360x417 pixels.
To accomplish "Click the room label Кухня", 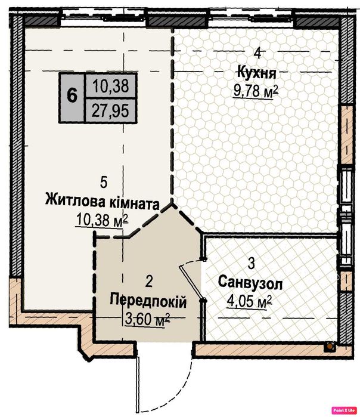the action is tap(257, 73).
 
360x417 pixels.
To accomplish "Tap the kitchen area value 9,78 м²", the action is tap(256, 91).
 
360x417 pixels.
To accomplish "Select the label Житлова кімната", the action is tap(103, 203).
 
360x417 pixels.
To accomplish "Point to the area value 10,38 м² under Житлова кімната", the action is tap(102, 220).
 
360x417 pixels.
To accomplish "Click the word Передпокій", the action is tap(148, 302).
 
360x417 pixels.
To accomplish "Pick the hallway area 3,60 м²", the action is tap(147, 319).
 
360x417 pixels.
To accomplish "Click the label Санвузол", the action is tap(250, 283).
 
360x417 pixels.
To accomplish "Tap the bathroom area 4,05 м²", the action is tap(249, 302).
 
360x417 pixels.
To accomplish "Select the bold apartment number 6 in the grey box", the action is tap(72, 95).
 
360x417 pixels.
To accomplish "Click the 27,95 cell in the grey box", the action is tap(110, 110).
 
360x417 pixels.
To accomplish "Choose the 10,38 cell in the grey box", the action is tap(110, 86).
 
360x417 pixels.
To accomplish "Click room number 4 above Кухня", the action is tap(257, 54).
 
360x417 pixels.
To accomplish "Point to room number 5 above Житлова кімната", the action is tap(104, 183).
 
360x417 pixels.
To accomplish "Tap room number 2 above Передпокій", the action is tap(149, 282).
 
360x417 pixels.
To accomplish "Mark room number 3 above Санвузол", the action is tap(251, 263).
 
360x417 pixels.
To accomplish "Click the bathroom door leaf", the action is tap(191, 283).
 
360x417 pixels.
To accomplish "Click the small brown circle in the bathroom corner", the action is tap(330, 346).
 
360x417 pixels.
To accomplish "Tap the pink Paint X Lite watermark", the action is tap(344, 410).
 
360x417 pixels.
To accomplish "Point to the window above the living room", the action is tap(104, 18).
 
